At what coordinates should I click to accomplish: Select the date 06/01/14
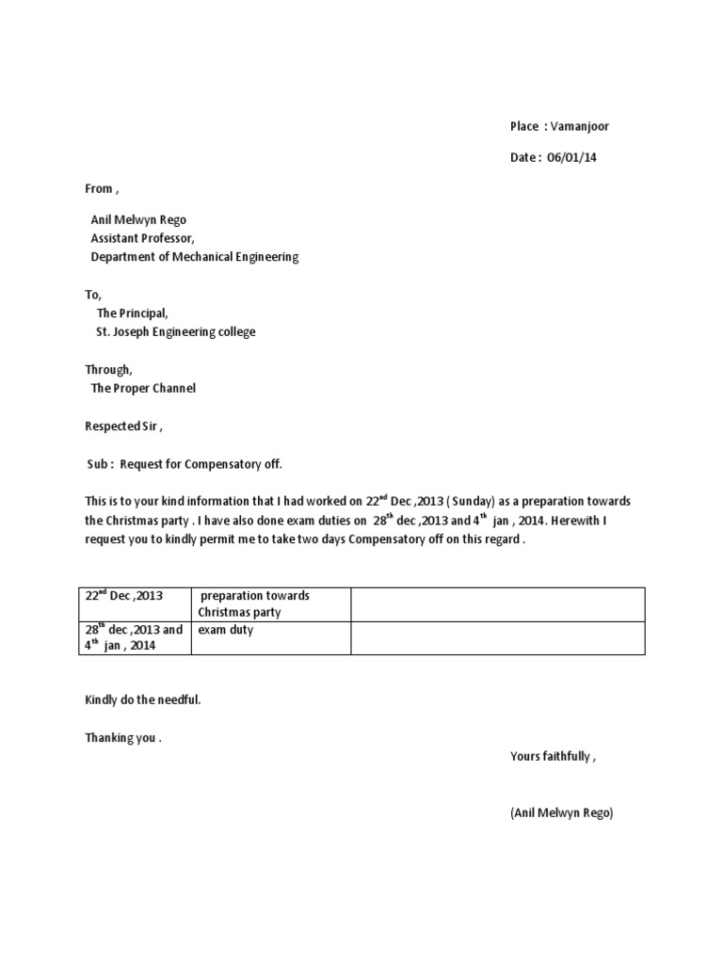click(571, 157)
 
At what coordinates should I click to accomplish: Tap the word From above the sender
click(99, 188)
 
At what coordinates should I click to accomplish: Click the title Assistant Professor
click(142, 238)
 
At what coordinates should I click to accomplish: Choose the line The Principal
click(133, 313)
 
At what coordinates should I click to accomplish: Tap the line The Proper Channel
click(143, 388)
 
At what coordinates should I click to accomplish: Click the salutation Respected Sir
click(122, 426)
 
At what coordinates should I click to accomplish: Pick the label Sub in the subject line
click(99, 464)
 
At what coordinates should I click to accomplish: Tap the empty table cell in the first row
click(497, 604)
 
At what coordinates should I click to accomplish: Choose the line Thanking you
click(123, 738)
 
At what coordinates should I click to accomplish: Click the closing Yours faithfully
click(553, 756)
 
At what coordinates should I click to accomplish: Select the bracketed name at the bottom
click(561, 812)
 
